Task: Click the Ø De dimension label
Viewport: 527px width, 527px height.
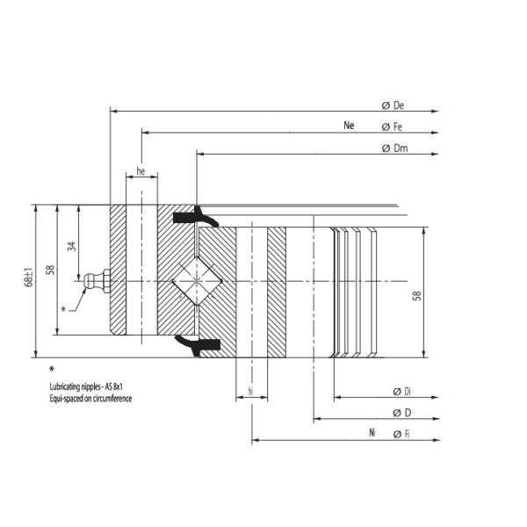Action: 393,105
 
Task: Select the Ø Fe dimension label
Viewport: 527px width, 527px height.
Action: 393,126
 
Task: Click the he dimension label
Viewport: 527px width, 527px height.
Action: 141,171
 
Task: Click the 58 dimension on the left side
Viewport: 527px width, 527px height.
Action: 51,270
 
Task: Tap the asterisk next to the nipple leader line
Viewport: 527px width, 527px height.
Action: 63,308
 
